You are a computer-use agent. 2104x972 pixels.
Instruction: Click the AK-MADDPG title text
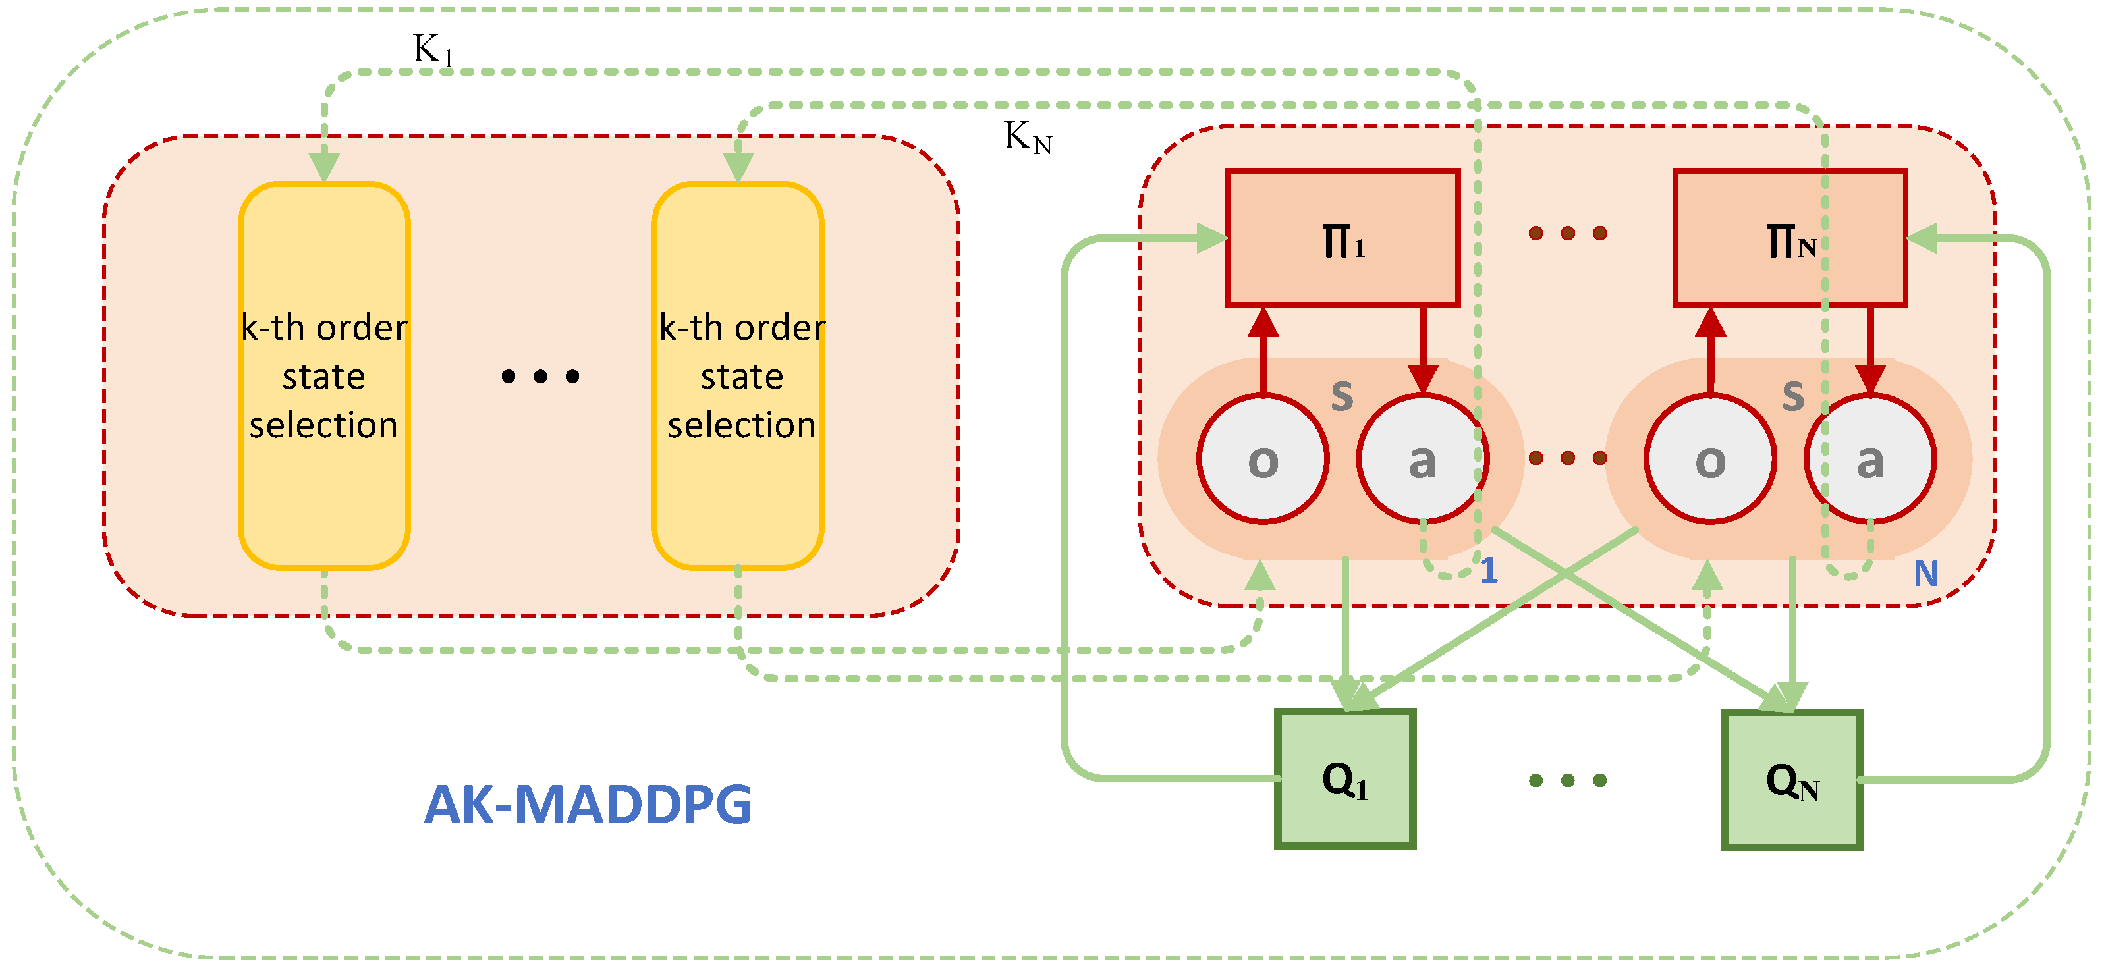coord(588,805)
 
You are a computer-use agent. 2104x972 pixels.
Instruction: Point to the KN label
coord(1028,137)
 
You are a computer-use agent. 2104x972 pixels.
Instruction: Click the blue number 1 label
coord(1489,570)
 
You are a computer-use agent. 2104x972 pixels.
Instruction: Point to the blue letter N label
coord(1926,574)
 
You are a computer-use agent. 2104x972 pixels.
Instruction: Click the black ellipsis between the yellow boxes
coord(541,377)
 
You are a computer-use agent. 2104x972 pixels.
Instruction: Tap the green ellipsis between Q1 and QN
coord(1567,781)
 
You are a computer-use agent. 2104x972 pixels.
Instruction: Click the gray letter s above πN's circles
coord(1794,394)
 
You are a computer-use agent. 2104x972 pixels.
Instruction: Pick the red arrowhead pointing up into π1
coord(1263,322)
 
